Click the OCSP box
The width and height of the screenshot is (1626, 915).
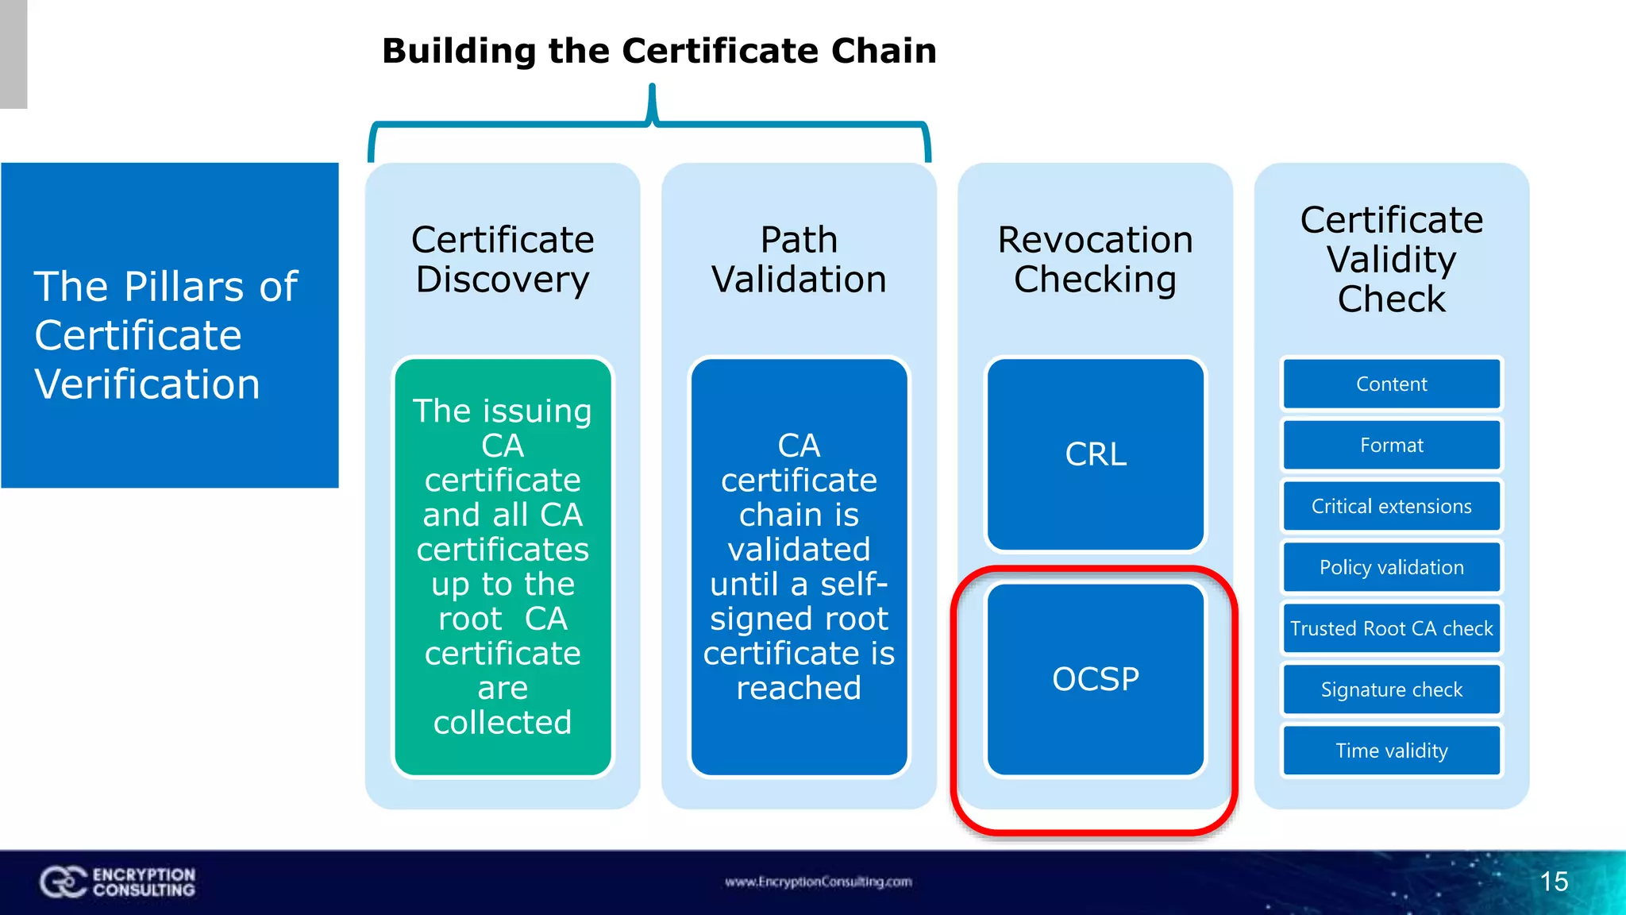tap(1095, 679)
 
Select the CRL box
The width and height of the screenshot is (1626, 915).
tap(1095, 454)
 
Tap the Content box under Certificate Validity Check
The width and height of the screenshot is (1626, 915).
tap(1391, 384)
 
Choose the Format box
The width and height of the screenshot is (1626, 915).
tap(1391, 446)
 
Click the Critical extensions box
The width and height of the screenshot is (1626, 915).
tap(1391, 507)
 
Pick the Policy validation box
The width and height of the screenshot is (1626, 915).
tap(1391, 568)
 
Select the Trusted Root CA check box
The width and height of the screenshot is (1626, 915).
tap(1391, 629)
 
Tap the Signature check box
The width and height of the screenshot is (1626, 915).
tap(1391, 690)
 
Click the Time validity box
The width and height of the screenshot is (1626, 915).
tap(1391, 751)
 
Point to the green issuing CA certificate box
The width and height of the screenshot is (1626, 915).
tap(503, 566)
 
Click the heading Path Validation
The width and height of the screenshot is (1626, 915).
tap(799, 260)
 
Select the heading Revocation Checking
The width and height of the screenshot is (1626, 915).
tap(1095, 260)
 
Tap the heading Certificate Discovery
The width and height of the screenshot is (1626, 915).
tap(503, 260)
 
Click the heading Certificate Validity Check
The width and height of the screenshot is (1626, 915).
tap(1391, 260)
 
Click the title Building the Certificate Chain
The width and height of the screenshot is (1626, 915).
tap(659, 51)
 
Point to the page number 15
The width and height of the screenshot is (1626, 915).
tap(1554, 882)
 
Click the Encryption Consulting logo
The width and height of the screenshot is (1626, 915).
tap(118, 882)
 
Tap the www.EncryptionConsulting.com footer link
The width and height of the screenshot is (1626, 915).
tap(818, 882)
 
